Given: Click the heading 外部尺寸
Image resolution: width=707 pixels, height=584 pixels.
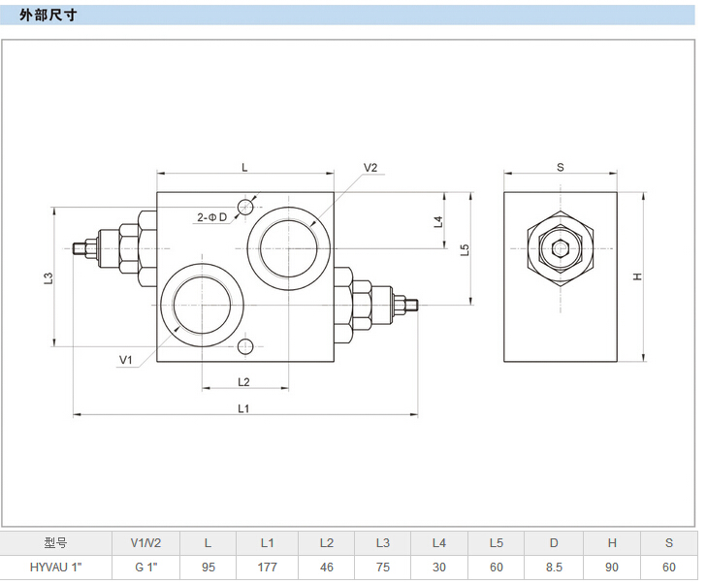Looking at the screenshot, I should click(x=47, y=16).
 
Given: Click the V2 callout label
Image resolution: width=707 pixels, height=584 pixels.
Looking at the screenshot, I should click(x=370, y=168).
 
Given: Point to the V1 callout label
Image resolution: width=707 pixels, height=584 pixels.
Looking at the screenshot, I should click(x=125, y=360).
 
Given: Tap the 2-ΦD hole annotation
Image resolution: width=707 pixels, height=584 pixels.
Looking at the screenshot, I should click(x=211, y=216).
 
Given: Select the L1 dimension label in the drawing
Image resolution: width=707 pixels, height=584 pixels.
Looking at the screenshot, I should click(x=244, y=408).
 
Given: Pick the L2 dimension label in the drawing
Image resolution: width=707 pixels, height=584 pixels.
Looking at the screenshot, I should click(x=244, y=381).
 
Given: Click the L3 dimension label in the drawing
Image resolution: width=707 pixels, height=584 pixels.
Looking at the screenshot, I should click(x=48, y=277).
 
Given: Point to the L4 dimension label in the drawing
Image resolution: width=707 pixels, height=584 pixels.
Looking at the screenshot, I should click(x=438, y=221).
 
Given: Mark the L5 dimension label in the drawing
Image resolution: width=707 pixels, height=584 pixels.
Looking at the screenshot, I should click(x=466, y=249).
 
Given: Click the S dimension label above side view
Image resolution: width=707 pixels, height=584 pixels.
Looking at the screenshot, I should click(x=561, y=167).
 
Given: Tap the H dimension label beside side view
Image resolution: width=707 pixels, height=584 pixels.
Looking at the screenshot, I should click(x=637, y=276).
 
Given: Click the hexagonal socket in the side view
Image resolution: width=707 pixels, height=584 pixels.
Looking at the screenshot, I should click(x=561, y=248).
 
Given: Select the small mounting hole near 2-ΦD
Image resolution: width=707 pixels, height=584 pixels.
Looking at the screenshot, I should click(x=244, y=206).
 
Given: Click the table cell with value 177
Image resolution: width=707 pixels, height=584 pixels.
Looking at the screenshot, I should click(x=268, y=568).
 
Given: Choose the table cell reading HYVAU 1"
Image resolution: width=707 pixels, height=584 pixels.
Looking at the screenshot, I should click(x=56, y=568).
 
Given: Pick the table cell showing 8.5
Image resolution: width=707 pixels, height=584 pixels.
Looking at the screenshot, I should click(x=554, y=568).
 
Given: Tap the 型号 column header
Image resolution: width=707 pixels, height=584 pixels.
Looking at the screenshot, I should click(x=56, y=543).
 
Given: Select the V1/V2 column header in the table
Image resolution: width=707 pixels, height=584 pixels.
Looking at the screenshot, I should click(x=146, y=543).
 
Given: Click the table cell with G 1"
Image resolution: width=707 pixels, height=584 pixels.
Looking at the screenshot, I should click(x=146, y=568).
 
